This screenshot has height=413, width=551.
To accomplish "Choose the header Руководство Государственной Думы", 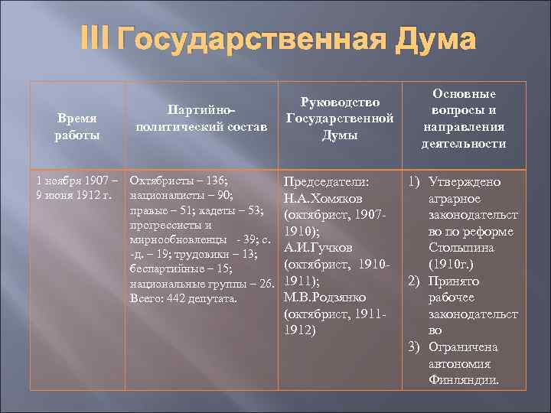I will point(339,119).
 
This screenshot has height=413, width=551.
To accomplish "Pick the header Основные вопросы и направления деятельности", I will point(463,119).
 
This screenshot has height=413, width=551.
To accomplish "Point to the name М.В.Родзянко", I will point(325,297).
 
